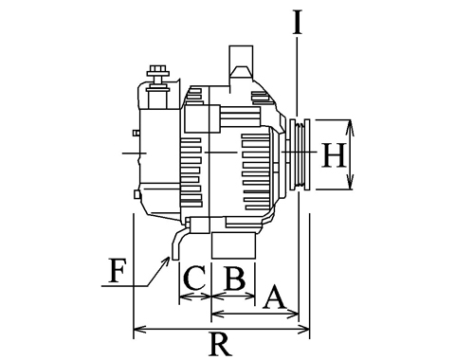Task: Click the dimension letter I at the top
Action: coord(297,22)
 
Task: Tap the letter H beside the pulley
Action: coord(333,154)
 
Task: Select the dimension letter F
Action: coord(117,271)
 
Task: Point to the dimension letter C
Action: coord(194,278)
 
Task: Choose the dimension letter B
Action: coord(234,279)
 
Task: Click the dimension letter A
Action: coord(275,297)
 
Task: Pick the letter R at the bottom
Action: coord(221,344)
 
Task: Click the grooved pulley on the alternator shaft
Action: coord(300,154)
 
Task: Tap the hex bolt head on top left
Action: coord(157,69)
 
